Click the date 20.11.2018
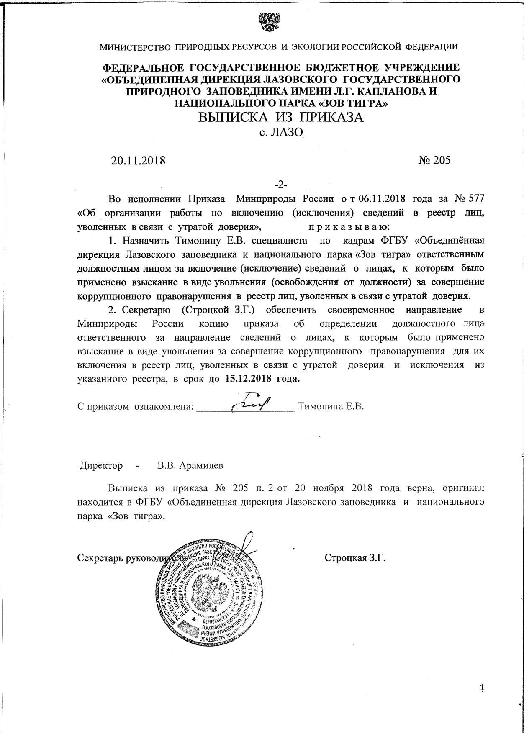point(138,160)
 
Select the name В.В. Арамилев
point(190,465)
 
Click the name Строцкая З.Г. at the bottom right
point(355,558)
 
